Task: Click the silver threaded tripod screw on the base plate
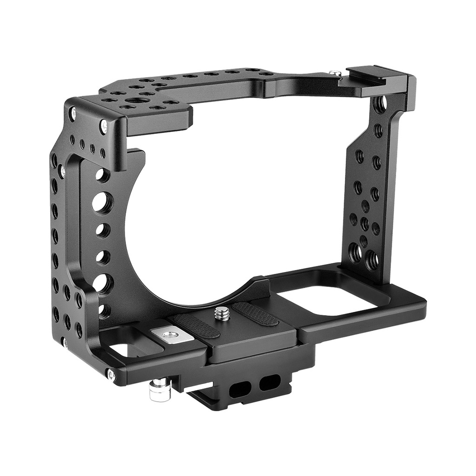coord(221,314)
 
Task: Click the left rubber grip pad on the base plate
coord(194,325)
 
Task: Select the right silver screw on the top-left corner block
coord(103,125)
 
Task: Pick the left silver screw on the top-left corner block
coord(72,112)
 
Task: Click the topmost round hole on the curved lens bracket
coord(103,175)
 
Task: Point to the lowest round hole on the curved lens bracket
coord(103,310)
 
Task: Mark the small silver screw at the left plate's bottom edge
coord(65,344)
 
